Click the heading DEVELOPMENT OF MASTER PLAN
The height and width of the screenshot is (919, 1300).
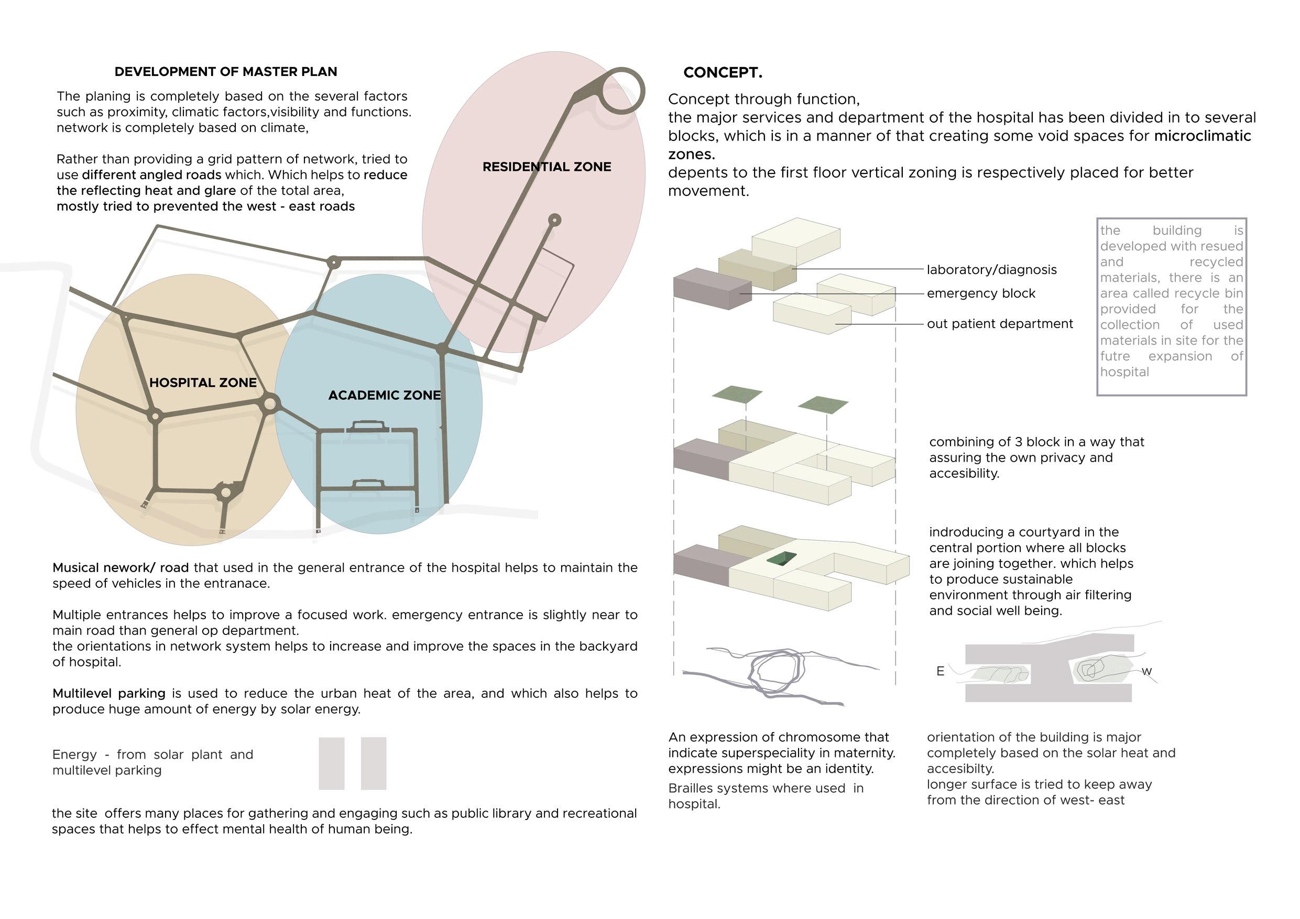[x=225, y=72]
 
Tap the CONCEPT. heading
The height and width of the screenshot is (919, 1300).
[x=723, y=72]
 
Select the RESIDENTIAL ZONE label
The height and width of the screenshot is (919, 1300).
[x=547, y=167]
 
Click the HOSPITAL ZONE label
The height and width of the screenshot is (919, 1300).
[x=203, y=383]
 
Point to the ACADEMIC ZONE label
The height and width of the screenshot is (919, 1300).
[x=385, y=395]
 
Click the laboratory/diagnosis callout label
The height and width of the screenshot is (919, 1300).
[x=991, y=270]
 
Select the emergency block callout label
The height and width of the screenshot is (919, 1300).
[x=981, y=293]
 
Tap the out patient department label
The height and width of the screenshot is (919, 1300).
[x=999, y=324]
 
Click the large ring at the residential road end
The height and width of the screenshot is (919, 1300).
[x=621, y=91]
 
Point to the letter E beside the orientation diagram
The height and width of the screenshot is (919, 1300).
[x=940, y=672]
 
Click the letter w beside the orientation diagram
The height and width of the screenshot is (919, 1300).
[x=1146, y=672]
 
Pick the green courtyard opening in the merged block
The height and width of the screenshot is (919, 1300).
[x=781, y=559]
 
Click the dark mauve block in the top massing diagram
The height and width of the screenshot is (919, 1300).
[x=711, y=289]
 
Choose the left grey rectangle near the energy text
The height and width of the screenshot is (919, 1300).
[x=331, y=763]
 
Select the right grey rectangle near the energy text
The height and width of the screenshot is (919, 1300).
[x=373, y=763]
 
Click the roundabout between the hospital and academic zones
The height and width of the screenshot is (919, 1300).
[x=269, y=404]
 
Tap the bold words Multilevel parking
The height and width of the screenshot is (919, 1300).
[x=108, y=694]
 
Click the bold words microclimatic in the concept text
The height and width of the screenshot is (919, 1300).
[x=1202, y=136]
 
